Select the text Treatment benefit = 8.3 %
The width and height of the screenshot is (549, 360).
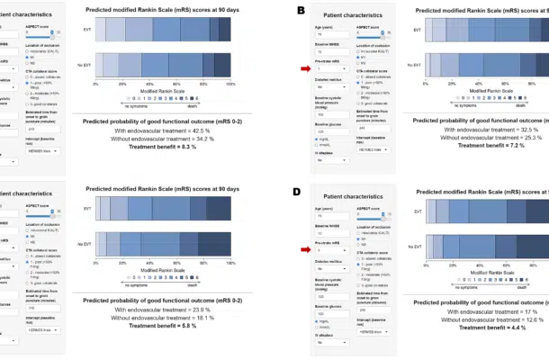click(162, 148)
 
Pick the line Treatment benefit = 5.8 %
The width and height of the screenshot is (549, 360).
click(162, 328)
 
